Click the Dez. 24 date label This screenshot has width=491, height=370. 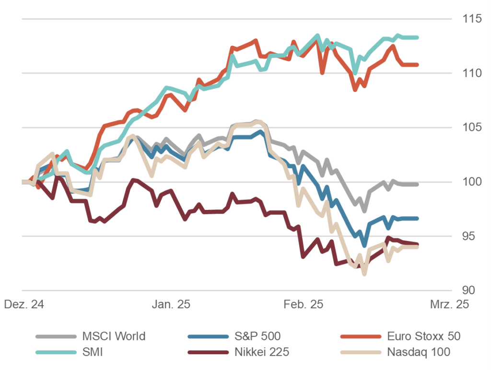tap(23, 305)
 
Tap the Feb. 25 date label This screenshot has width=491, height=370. tap(304, 305)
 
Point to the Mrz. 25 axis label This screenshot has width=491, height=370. tap(449, 305)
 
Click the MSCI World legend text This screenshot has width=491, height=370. tap(114, 336)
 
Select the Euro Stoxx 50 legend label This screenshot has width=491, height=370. tap(423, 336)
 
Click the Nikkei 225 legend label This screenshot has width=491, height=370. tap(262, 352)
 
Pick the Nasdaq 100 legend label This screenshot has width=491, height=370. tap(419, 352)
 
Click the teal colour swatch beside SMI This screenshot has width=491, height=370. tap(56, 352)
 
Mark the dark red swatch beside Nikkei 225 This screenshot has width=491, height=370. tap(209, 352)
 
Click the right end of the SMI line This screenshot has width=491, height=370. tap(417, 37)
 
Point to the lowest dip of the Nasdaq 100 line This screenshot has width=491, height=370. tap(364, 274)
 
